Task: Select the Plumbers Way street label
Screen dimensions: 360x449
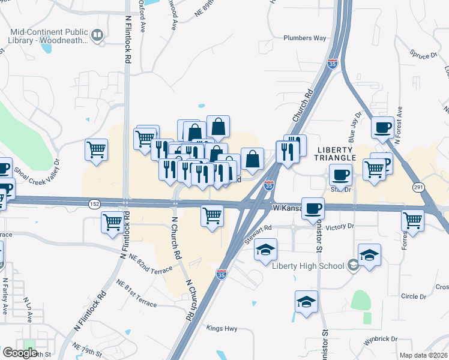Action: tap(304, 38)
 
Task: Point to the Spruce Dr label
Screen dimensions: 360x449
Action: tap(423, 55)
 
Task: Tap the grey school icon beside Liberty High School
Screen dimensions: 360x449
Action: tap(354, 266)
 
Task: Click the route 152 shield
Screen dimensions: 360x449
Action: tap(95, 204)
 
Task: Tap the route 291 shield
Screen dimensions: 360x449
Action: tap(418, 188)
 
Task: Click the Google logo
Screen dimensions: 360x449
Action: tap(19, 353)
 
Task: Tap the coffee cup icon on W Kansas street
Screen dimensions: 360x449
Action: tap(313, 209)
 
